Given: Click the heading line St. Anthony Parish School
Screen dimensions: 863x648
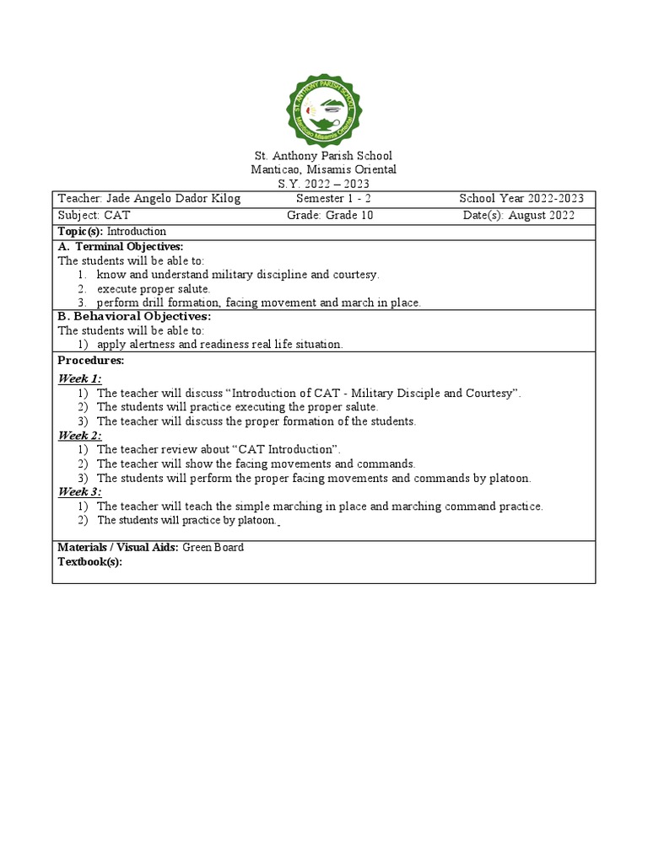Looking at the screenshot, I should (324, 156).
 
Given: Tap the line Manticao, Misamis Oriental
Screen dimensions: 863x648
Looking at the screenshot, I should (324, 169).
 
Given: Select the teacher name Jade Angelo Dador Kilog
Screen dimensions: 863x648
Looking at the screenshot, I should (172, 199).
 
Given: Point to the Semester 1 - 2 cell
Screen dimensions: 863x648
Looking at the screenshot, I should (334, 199).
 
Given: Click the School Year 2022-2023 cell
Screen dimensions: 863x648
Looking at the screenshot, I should (521, 199).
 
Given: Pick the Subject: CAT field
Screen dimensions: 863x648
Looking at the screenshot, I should (94, 215).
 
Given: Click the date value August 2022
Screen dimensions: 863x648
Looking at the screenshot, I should (541, 215).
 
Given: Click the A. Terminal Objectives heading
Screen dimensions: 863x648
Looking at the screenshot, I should (121, 246).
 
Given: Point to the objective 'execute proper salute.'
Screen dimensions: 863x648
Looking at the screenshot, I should (154, 288).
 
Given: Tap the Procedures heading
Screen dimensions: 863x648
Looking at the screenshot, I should (90, 360).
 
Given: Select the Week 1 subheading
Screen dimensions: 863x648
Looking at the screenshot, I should (79, 378).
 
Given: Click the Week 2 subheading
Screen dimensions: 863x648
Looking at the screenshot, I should (79, 435).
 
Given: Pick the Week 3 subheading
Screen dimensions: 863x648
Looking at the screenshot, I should (79, 491).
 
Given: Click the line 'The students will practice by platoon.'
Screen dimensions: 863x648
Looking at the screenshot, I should (186, 520).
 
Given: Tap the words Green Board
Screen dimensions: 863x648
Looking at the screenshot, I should (213, 547).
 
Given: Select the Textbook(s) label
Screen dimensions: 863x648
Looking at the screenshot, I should (89, 561).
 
